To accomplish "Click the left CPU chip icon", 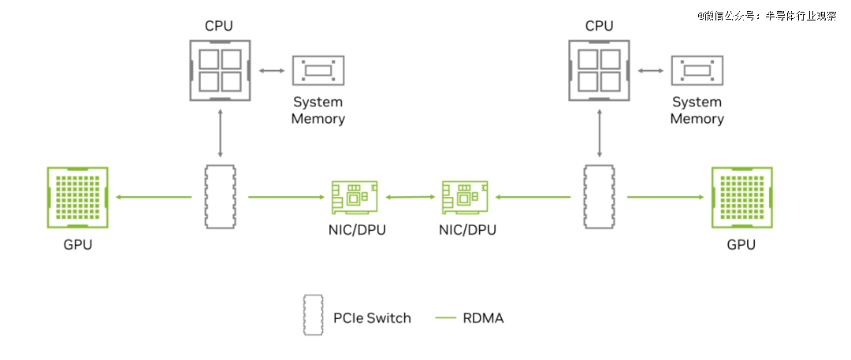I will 220,71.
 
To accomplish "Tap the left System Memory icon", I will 318,71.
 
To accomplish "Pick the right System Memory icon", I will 697,71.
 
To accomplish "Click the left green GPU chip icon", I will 77,198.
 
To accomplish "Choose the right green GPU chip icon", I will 741,198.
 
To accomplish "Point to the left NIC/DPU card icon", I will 352,197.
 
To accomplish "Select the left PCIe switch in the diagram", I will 220,197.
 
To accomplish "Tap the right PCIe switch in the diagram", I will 599,197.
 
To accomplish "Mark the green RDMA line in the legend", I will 446,318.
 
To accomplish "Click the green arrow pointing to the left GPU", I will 153,198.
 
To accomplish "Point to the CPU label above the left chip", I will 219,26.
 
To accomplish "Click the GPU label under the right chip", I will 741,244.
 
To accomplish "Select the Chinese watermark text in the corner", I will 766,15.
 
